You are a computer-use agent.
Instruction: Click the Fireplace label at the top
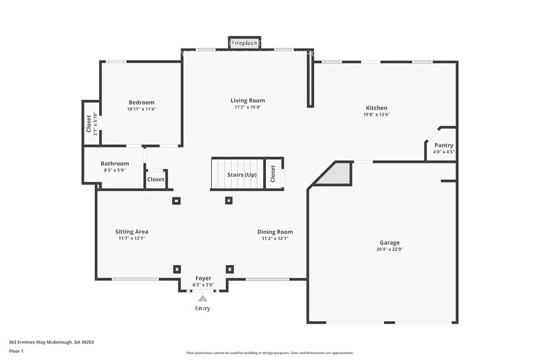click(x=244, y=43)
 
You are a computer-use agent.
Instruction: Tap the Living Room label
click(x=247, y=100)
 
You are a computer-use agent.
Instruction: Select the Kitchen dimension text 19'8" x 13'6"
click(x=376, y=114)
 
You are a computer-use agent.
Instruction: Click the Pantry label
click(x=444, y=145)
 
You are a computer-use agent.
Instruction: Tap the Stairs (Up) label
click(x=242, y=175)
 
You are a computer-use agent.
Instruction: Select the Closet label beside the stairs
click(x=273, y=174)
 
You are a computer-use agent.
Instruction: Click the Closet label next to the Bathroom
click(x=156, y=179)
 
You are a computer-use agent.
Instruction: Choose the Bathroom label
click(x=114, y=163)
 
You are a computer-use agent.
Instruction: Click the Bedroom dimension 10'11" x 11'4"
click(x=141, y=109)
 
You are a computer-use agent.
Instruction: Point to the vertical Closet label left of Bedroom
click(x=89, y=124)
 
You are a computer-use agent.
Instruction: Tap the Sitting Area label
click(x=132, y=231)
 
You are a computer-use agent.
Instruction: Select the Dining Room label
click(x=275, y=231)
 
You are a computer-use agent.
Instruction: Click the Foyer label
click(x=203, y=278)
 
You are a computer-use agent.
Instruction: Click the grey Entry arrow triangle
click(x=203, y=298)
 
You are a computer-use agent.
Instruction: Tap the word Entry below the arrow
click(x=203, y=309)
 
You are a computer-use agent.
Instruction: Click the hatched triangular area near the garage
click(x=339, y=174)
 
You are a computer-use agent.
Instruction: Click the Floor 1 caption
click(x=17, y=351)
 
